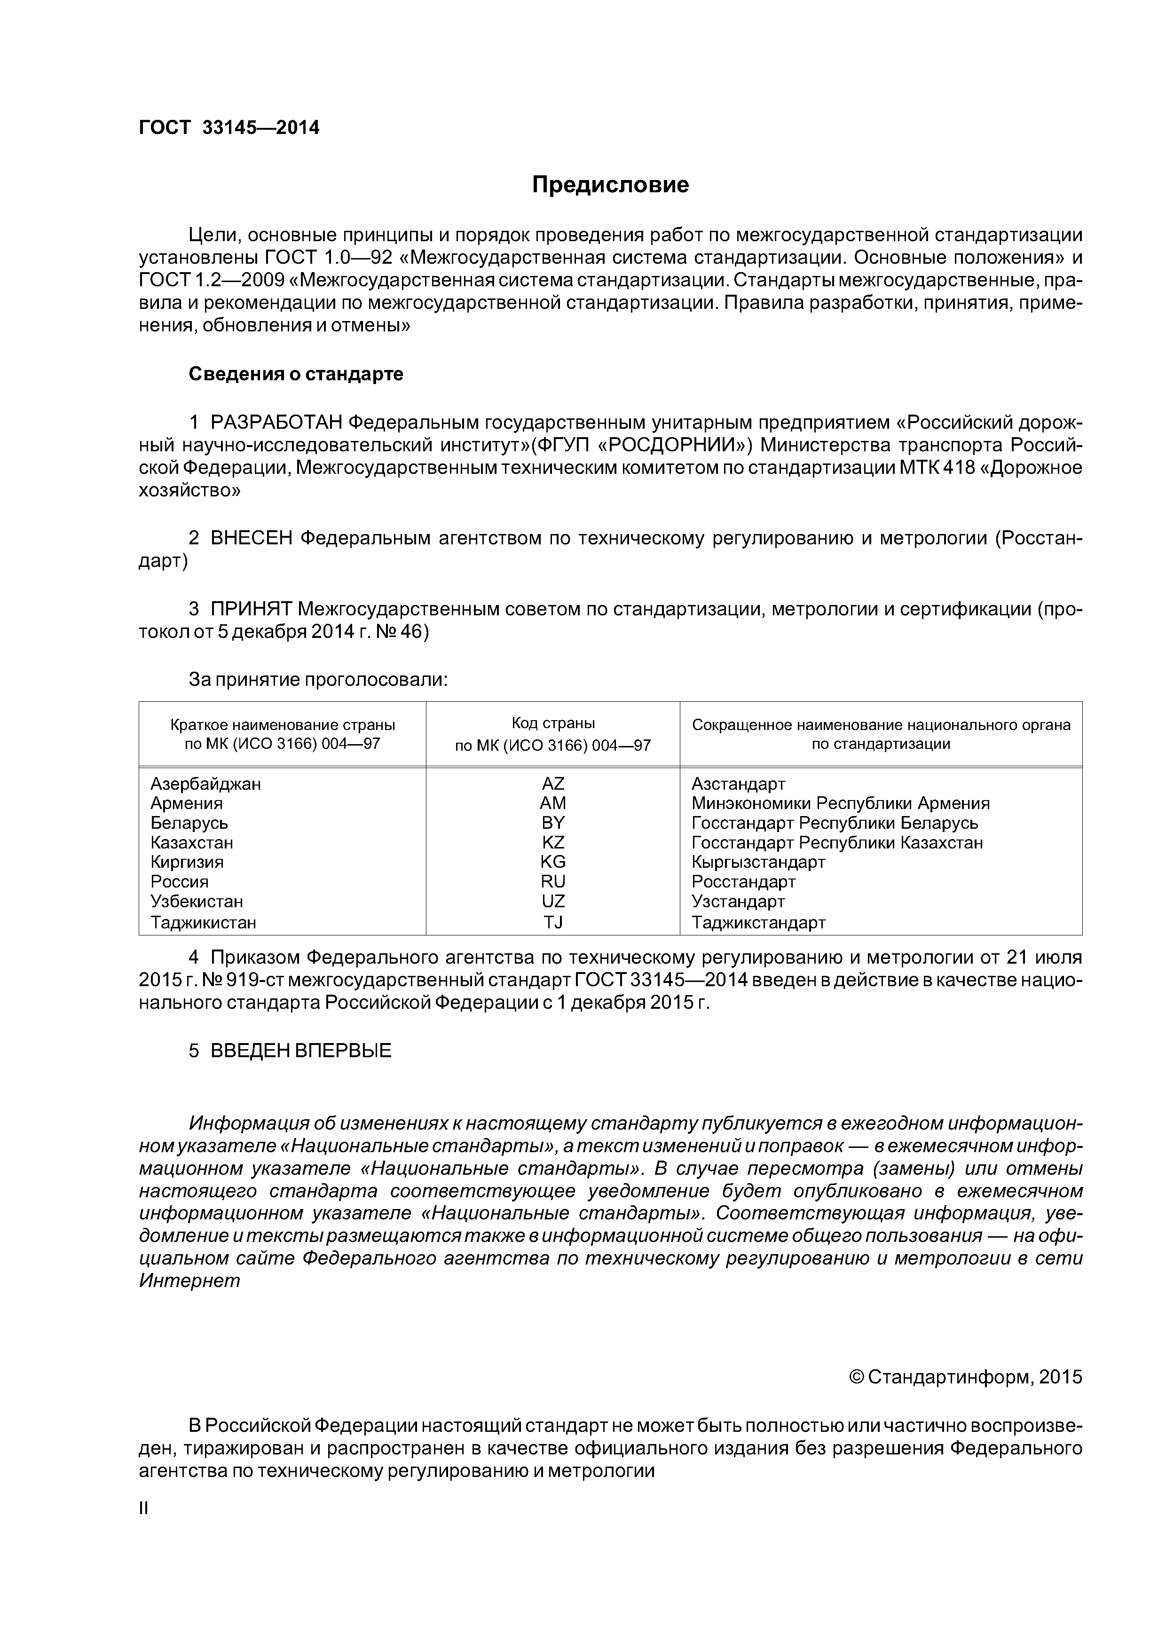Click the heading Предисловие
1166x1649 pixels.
[610, 185]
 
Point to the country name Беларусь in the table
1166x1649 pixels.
[189, 823]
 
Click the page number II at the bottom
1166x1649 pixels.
[143, 1508]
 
